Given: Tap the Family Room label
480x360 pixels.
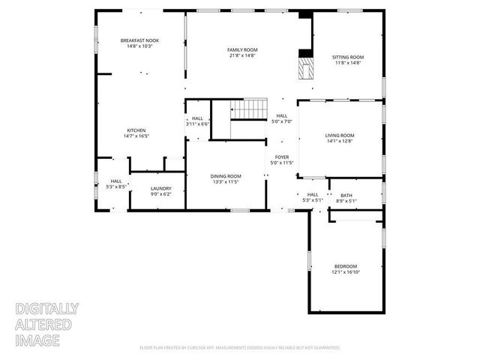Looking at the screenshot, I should point(242,49).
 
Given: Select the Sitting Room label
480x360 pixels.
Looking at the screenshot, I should point(347,57).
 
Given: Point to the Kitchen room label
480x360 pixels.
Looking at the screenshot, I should point(136,130).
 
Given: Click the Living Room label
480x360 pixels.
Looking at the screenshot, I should point(339,135).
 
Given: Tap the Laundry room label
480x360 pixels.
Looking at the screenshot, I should point(160,188).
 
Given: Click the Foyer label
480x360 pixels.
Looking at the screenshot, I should point(282,157).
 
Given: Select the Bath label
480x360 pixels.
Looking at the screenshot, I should point(346,195).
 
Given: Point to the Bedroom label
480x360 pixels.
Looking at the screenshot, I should point(345,266).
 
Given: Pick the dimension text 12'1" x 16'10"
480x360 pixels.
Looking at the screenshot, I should point(345,272).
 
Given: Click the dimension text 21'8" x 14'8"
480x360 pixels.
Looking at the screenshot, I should point(242,55).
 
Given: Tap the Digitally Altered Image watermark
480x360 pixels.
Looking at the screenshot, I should point(47,324).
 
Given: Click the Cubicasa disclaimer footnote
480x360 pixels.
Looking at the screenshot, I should point(240,348).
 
